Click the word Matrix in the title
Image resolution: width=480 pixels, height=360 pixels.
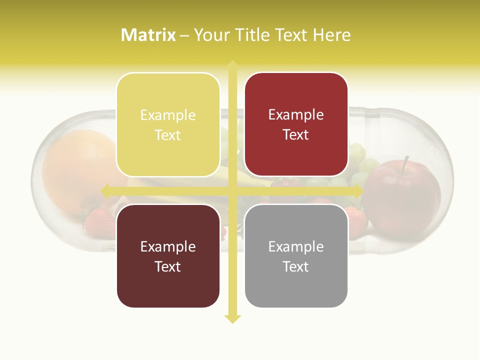point(148,35)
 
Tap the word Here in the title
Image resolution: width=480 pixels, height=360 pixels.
point(331,35)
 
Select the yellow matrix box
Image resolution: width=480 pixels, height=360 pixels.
point(168,124)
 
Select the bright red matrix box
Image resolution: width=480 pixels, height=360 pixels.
point(296,124)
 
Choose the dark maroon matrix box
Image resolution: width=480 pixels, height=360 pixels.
point(168,256)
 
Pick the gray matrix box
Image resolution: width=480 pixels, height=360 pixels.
point(296,256)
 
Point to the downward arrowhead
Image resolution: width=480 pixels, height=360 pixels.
point(232,319)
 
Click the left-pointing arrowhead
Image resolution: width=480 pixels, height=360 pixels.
point(105,190)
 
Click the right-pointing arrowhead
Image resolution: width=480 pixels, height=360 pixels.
point(358,190)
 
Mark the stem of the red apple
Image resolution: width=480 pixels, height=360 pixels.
point(405,163)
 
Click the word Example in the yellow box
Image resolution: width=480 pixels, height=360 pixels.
point(168,115)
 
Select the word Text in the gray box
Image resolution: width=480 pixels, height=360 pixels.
point(296,266)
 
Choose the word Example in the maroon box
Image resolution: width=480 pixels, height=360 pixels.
point(168,246)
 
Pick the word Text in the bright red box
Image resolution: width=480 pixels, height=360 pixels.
point(296,134)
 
